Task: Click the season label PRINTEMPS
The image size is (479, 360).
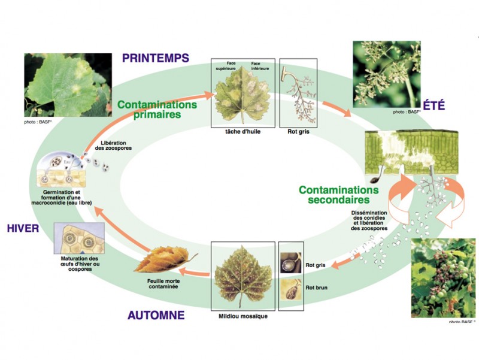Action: tap(156, 58)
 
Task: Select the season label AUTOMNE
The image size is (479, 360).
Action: tap(156, 315)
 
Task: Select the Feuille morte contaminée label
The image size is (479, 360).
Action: tap(163, 283)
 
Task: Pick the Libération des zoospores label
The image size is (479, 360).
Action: tap(113, 146)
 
